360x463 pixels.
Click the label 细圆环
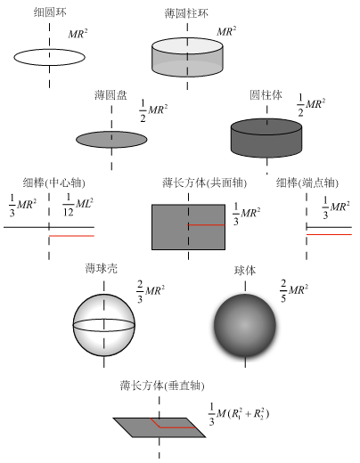[50, 12]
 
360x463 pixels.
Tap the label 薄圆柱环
[186, 13]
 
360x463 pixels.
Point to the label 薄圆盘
[110, 95]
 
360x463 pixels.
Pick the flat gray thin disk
[111, 140]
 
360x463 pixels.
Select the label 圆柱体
[266, 95]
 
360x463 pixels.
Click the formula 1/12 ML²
[78, 205]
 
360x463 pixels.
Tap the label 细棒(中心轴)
[54, 183]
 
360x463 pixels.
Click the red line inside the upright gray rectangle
[207, 225]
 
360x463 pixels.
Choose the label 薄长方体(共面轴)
[205, 183]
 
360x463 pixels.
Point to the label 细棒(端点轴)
[307, 183]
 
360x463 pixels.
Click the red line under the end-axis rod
[329, 234]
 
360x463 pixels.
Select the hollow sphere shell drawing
[104, 325]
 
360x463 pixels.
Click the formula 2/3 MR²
[151, 291]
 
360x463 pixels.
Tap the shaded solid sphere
[245, 325]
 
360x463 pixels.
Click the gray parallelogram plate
[160, 427]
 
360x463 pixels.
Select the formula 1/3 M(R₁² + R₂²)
[239, 414]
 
